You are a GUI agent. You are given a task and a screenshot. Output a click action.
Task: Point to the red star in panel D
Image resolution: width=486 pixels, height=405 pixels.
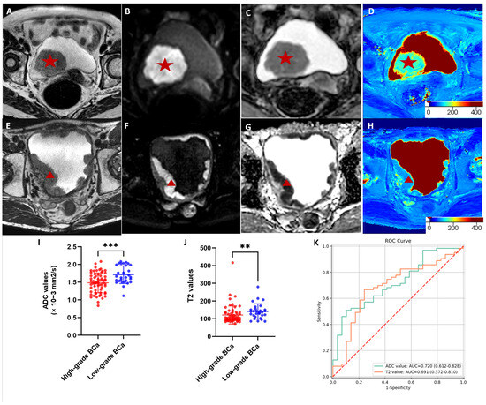point(408,63)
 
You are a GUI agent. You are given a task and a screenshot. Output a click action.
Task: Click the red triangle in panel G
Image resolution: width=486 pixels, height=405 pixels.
point(286,184)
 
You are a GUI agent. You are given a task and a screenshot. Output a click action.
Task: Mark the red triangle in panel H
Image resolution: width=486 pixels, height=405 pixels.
point(408,179)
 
